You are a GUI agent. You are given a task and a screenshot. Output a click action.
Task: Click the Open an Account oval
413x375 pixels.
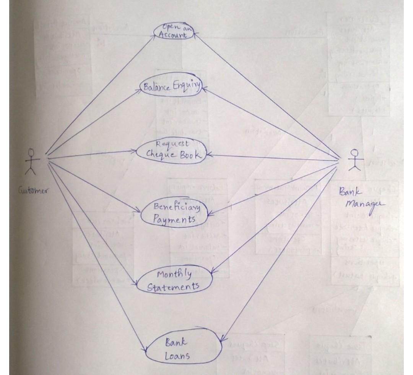174,31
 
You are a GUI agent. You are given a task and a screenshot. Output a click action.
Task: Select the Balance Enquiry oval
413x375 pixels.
171,87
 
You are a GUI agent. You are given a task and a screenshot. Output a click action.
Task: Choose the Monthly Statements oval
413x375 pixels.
174,280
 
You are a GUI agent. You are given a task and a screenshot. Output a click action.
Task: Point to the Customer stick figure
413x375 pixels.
32,163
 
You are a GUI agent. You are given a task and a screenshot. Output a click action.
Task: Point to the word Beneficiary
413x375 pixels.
177,207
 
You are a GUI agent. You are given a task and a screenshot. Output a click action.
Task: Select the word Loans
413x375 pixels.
177,356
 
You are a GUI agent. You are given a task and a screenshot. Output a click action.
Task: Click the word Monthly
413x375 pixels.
174,274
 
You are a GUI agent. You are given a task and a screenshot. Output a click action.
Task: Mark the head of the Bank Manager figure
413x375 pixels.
355,152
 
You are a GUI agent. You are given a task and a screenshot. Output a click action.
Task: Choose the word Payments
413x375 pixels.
174,219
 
